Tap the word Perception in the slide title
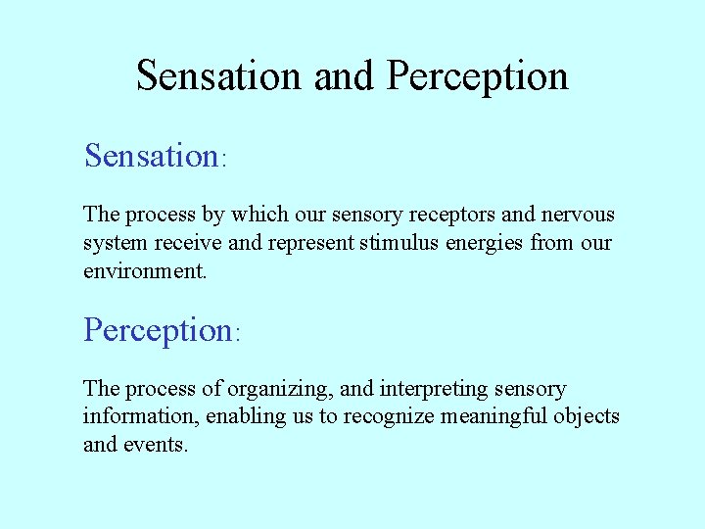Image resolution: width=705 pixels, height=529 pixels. (x=477, y=75)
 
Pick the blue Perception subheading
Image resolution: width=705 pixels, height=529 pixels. (x=157, y=330)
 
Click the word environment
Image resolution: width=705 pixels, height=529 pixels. (x=143, y=270)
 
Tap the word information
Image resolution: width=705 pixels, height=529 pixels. (x=141, y=416)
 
